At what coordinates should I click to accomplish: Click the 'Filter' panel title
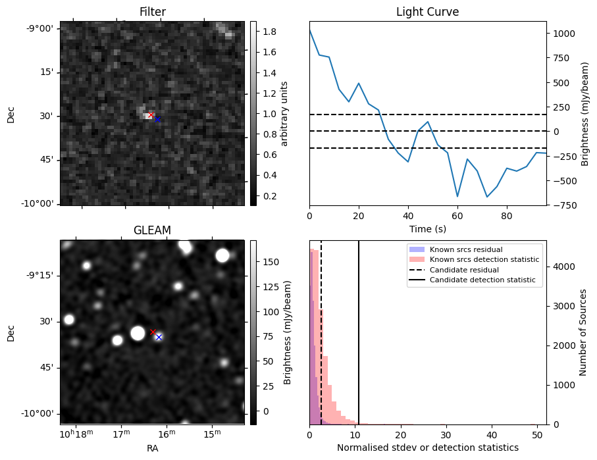pyautogui.click(x=152, y=12)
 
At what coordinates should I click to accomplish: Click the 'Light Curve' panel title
pyautogui.click(x=427, y=12)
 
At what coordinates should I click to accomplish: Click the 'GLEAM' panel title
pyautogui.click(x=152, y=230)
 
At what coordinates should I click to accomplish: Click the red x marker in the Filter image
pyautogui.click(x=151, y=115)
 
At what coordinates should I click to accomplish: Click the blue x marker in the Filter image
pyautogui.click(x=157, y=119)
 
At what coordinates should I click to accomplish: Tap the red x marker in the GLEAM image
pyautogui.click(x=153, y=332)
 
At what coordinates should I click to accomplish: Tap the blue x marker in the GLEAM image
pyautogui.click(x=159, y=337)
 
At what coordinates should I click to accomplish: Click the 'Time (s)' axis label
pyautogui.click(x=427, y=228)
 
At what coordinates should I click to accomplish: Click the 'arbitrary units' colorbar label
pyautogui.click(x=284, y=113)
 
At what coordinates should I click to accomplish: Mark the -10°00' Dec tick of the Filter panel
pyautogui.click(x=40, y=203)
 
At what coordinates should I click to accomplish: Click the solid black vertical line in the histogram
pyautogui.click(x=359, y=329)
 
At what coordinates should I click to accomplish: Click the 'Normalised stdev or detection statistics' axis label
pyautogui.click(x=427, y=447)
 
